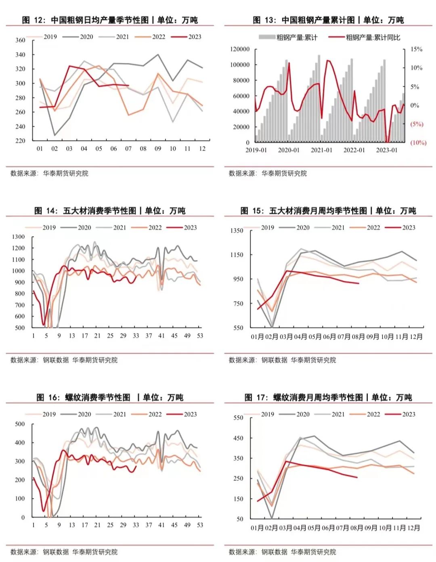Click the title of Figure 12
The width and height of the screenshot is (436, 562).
tap(110, 20)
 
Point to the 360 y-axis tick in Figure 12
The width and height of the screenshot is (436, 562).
tap(20, 40)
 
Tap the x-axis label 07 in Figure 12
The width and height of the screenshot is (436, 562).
tap(128, 149)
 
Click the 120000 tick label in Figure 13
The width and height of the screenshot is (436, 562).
tap(240, 49)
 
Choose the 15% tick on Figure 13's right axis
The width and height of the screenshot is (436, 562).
tap(416, 49)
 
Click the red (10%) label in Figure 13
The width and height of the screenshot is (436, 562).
tap(418, 143)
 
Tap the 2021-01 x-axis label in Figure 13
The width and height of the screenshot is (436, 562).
tap(321, 150)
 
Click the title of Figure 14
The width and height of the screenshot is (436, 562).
tap(110, 210)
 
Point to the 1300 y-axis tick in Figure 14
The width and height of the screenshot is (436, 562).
tap(19, 237)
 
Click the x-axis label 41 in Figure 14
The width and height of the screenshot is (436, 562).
tap(161, 336)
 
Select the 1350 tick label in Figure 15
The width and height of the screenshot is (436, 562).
tap(237, 231)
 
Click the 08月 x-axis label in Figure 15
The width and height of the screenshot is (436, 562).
tap(358, 337)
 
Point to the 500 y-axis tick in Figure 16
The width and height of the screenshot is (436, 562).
tap(20, 424)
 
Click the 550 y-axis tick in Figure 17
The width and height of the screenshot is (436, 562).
tap(239, 418)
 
